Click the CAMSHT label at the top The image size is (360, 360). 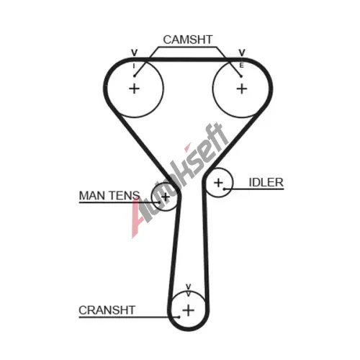tap(188, 40)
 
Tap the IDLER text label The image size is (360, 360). tap(266, 183)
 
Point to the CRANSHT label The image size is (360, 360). tap(107, 310)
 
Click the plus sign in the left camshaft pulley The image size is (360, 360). tap(135, 89)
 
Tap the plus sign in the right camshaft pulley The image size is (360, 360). tap(242, 89)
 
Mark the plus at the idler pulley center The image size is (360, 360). tap(218, 183)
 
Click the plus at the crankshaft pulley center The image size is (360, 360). tap(189, 310)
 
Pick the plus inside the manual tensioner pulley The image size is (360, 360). tap(166, 197)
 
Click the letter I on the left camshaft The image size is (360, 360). tap(134, 66)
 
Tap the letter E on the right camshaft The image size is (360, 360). tap(242, 66)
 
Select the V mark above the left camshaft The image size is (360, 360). tap(135, 53)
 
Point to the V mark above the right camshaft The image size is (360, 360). tap(242, 53)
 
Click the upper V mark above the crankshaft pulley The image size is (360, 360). tap(189, 287)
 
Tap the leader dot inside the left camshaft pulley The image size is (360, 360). tap(135, 76)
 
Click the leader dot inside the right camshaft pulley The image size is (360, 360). tap(241, 76)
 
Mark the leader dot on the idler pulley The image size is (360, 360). tap(224, 189)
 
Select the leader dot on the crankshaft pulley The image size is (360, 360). tap(179, 317)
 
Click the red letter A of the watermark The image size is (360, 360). tap(138, 220)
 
